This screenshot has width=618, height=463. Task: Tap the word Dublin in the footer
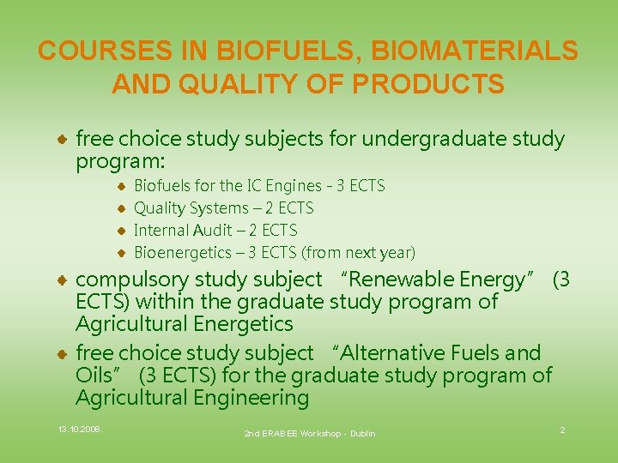click(x=362, y=434)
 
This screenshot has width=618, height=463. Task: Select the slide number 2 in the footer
click(x=562, y=430)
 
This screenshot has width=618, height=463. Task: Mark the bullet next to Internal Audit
click(x=122, y=231)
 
